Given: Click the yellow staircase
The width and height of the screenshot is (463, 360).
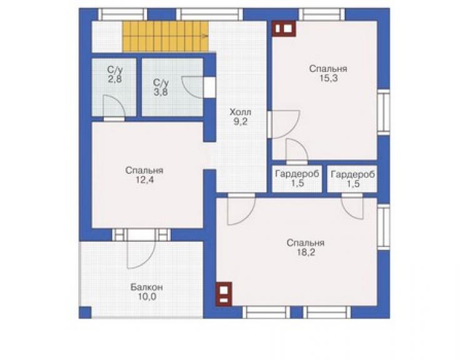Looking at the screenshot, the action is point(166,36).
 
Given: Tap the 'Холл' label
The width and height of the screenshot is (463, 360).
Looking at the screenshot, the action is point(240,112).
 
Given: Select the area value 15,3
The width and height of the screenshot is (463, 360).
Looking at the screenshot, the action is point(328,78).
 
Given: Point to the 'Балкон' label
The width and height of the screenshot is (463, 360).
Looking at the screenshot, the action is point(147,287).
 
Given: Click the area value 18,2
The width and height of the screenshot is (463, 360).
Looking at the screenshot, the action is point(305,252).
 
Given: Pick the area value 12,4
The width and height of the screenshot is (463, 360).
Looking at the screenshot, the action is point(145,180).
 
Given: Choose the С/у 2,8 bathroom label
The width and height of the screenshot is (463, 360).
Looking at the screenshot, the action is point(114,75).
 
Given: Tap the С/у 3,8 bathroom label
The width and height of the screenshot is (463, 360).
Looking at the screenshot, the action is point(161,87).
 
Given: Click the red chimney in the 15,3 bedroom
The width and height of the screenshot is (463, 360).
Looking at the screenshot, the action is point(284,29).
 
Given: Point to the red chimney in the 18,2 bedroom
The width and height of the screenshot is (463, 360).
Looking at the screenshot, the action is point(223,294).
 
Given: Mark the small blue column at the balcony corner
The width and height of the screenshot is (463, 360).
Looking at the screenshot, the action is point(85,312).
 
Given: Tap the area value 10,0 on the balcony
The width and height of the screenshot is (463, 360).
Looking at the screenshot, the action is point(147,297).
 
